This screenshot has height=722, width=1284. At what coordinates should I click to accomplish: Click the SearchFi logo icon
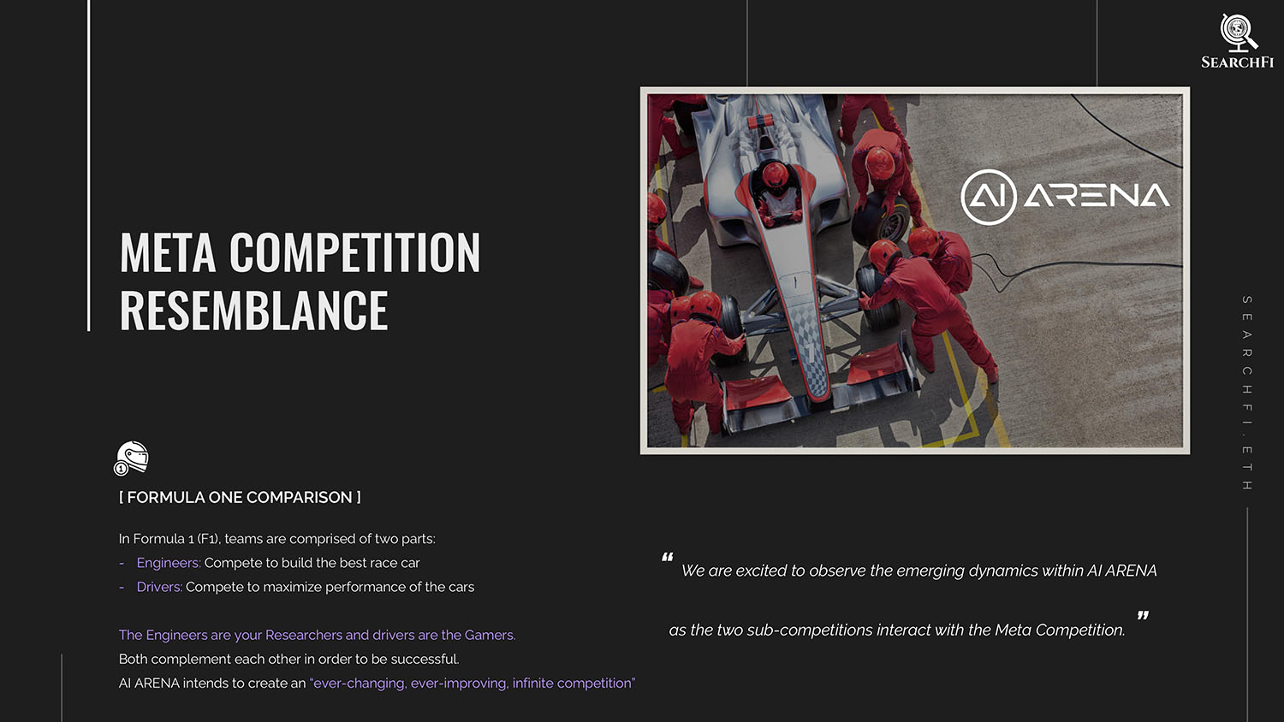point(1238,33)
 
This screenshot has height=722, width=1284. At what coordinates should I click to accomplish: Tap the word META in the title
point(168,252)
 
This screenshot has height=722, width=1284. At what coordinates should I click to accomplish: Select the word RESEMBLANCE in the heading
point(254,310)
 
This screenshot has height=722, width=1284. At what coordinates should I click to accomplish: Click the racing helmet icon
point(131,459)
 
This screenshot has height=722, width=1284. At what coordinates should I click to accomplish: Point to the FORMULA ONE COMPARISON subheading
point(240,497)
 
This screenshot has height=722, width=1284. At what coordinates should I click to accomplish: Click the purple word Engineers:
point(169,563)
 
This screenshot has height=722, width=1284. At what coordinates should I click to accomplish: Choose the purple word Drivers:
point(159,587)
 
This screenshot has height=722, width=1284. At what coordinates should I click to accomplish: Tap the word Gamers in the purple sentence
point(490,635)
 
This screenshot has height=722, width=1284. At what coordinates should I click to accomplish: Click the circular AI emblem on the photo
point(988,197)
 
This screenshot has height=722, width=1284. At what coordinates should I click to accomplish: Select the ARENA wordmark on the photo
point(1097,196)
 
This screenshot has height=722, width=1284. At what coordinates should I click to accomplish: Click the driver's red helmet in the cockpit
point(775,174)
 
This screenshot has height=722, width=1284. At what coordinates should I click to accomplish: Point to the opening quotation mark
point(667,557)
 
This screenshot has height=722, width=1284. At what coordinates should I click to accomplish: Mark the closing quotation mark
point(1143,615)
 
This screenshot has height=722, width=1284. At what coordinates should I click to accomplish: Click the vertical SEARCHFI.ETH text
point(1246,394)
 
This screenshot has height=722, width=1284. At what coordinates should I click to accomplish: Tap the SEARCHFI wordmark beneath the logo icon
point(1238,62)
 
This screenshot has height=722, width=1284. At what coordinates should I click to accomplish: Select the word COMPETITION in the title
point(355,252)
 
